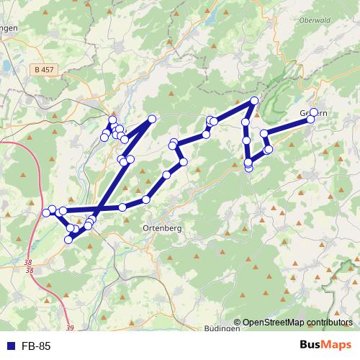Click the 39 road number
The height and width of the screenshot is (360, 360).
coord(69,328)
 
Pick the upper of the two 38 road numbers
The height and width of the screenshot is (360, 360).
coord(29,263)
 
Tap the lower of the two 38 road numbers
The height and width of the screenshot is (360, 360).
coord(29,271)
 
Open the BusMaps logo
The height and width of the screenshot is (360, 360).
coord(322,346)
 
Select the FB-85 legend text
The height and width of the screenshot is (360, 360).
coord(36,346)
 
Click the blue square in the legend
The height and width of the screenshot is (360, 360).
coord(11,346)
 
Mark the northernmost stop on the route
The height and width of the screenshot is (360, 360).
coord(254,101)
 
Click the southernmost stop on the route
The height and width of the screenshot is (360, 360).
coord(68,239)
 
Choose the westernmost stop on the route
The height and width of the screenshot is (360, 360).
coord(46,212)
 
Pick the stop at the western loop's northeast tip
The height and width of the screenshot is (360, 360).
coord(152,119)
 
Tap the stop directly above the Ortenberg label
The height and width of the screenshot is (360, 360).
coord(146,199)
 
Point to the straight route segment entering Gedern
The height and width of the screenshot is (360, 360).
coord(288,126)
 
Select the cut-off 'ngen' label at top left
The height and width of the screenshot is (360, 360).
coord(9,28)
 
